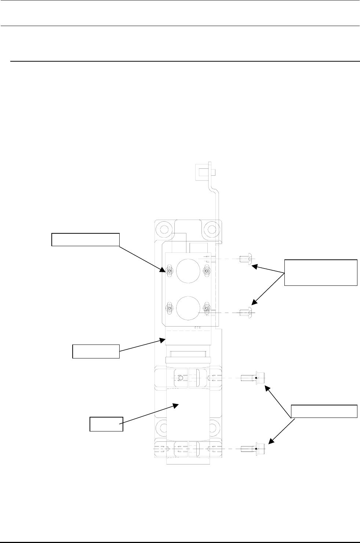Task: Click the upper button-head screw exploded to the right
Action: pyautogui.click(x=244, y=259)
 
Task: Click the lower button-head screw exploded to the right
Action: pyautogui.click(x=245, y=313)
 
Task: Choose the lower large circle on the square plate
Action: pyautogui.click(x=187, y=308)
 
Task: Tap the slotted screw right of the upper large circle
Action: pyautogui.click(x=207, y=271)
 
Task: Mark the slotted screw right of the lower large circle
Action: pyautogui.click(x=207, y=308)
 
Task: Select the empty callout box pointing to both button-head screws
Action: pyautogui.click(x=320, y=272)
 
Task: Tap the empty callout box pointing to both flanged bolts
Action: pyautogui.click(x=324, y=411)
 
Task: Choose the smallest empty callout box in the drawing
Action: pyautogui.click(x=106, y=424)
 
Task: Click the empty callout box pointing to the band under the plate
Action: pyautogui.click(x=96, y=351)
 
